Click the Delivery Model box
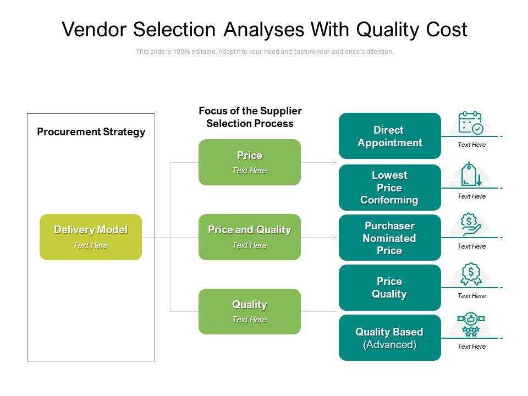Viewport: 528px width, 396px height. coord(91,237)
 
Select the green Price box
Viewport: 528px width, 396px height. coord(250,162)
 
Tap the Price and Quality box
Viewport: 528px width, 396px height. coord(250,237)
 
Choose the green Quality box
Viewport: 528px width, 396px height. coord(250,311)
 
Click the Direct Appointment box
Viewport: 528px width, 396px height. coord(389,136)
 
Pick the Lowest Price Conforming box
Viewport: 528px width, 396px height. coord(389,188)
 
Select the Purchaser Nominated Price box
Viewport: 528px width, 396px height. coord(389,238)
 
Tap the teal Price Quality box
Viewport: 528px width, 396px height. coord(389,288)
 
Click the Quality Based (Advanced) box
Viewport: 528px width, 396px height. coord(389,338)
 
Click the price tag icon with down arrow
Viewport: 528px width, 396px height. coord(471,174)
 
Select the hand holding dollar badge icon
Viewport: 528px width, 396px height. coord(471,224)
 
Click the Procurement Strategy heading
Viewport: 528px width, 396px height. coord(91,132)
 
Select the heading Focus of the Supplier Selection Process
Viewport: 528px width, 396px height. coord(250,117)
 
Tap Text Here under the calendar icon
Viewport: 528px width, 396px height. coord(471,145)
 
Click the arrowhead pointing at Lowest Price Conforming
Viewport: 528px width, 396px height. coord(335,163)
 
